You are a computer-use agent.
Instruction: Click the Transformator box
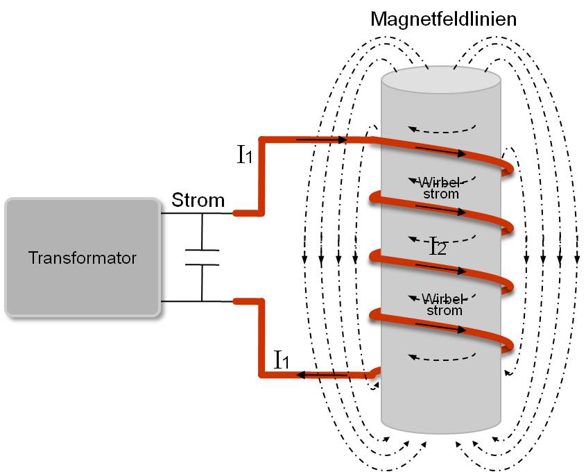click(x=83, y=258)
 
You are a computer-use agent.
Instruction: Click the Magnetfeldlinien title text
click(x=443, y=19)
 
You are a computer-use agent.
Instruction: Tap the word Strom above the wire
click(x=198, y=201)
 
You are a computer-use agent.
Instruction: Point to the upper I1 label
click(x=245, y=155)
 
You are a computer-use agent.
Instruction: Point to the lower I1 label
click(x=282, y=360)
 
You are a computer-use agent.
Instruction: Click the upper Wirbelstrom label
click(x=441, y=187)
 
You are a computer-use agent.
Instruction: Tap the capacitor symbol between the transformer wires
click(x=202, y=257)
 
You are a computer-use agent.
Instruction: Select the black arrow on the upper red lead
click(x=322, y=140)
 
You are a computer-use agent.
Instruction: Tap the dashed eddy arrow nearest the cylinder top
click(x=442, y=128)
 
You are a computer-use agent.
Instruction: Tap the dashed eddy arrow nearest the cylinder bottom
click(x=442, y=358)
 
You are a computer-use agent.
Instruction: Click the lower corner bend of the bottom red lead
click(x=261, y=375)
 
